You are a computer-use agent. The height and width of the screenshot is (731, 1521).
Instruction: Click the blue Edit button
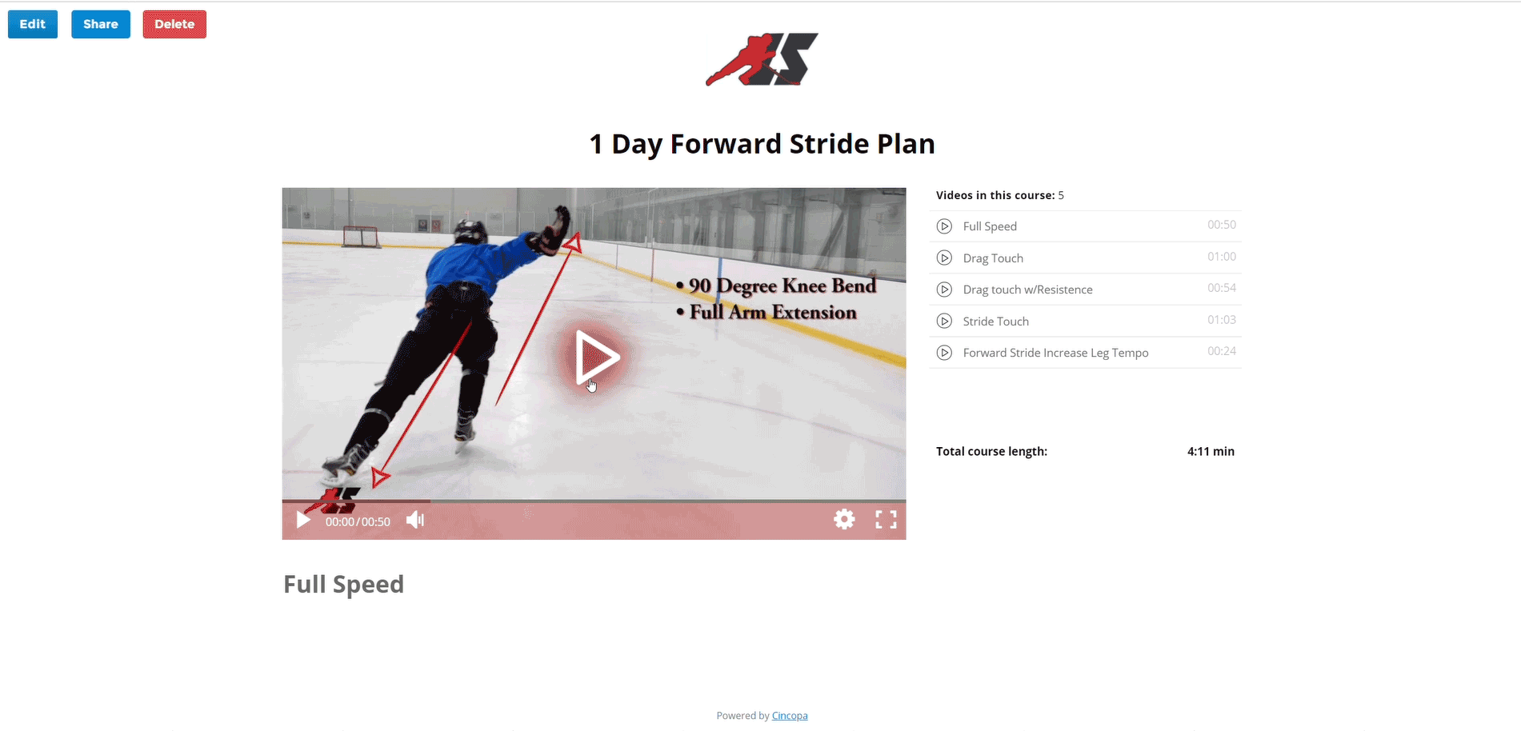[33, 24]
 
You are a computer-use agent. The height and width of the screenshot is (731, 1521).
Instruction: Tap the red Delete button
[174, 24]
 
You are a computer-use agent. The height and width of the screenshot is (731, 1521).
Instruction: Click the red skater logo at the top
[762, 59]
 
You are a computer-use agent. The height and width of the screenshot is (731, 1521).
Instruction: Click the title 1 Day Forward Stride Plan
[762, 144]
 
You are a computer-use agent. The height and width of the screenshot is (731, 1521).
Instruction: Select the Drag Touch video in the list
[993, 258]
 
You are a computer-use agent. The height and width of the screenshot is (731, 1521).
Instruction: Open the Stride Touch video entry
[996, 322]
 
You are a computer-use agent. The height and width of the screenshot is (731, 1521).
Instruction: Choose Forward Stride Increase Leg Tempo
[1055, 353]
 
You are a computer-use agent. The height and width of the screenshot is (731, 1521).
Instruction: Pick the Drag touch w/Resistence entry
[1027, 290]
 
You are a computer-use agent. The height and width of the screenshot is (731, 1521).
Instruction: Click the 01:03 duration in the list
[1222, 320]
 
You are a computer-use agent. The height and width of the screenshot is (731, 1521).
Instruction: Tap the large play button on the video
[596, 358]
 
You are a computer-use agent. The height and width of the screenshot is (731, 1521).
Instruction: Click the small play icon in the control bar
[303, 521]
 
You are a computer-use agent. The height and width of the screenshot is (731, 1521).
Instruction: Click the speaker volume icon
[415, 521]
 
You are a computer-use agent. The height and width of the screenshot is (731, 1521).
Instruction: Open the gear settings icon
[844, 520]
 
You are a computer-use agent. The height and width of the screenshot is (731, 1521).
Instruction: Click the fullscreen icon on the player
[886, 520]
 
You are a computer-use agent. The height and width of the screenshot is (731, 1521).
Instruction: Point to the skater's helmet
[470, 232]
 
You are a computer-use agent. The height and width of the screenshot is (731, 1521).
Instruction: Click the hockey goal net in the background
[360, 236]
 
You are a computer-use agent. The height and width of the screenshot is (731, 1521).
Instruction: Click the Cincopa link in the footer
[790, 716]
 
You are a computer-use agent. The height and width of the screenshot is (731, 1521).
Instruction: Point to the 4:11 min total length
[1211, 452]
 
